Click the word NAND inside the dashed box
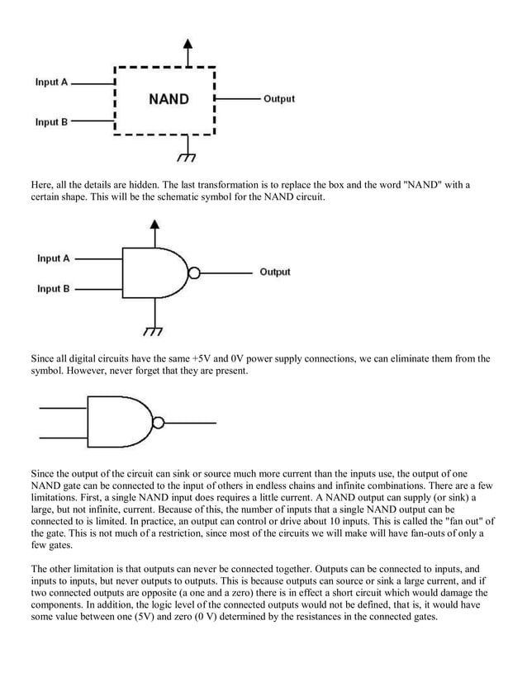pyautogui.click(x=169, y=99)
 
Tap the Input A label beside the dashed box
pyautogui.click(x=51, y=83)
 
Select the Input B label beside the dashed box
pyautogui.click(x=51, y=122)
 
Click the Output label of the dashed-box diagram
pyautogui.click(x=279, y=99)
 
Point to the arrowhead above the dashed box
pyautogui.click(x=189, y=43)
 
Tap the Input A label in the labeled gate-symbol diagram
pyautogui.click(x=54, y=258)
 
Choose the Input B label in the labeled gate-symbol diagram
pyautogui.click(x=54, y=289)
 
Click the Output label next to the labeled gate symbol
pyautogui.click(x=275, y=272)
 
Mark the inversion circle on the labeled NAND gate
pyautogui.click(x=194, y=272)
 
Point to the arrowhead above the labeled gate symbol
pyautogui.click(x=154, y=223)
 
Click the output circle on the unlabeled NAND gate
pyautogui.click(x=158, y=423)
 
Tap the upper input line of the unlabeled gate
pyautogui.click(x=62, y=409)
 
